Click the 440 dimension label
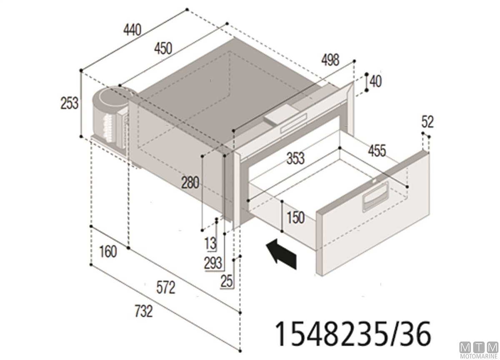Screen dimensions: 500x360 coord(132,30)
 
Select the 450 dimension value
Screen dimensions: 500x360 coord(163,49)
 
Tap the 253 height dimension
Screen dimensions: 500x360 coord(70,103)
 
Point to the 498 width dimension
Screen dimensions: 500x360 coord(330,60)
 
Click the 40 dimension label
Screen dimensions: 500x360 coord(376,82)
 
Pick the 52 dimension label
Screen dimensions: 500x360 coord(427,122)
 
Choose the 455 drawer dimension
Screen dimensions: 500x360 coord(377,151)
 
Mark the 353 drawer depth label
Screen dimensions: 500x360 coord(295,158)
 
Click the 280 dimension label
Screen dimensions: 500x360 coord(190,182)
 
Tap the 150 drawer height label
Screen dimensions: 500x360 coord(296,218)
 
